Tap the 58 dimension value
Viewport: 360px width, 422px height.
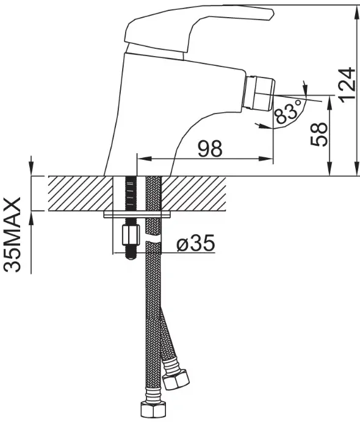pos(319,134)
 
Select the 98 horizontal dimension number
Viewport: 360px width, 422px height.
pos(211,148)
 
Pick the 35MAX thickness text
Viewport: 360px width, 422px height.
pos(12,235)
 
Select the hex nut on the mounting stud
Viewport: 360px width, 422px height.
pos(131,235)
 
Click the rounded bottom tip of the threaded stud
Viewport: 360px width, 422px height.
pos(131,257)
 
